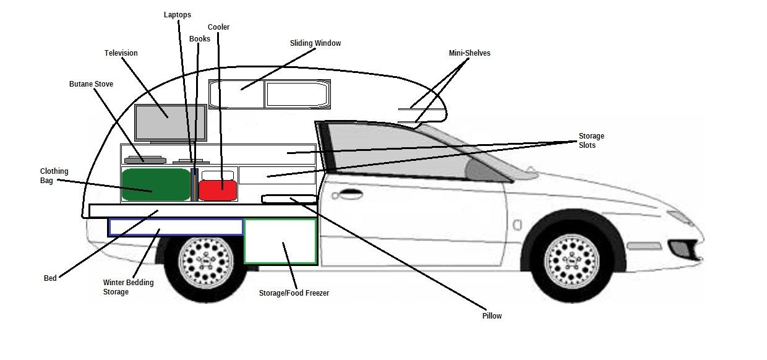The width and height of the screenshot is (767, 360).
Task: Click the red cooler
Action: [218, 190]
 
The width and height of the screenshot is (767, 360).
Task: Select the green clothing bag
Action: [156, 184]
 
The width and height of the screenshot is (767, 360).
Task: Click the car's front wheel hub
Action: [572, 261]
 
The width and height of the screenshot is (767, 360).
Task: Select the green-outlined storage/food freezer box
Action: [280, 241]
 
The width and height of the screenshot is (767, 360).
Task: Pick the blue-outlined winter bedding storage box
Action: [176, 227]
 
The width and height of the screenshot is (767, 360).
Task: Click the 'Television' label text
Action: [121, 53]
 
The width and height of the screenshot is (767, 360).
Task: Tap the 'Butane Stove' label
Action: [91, 84]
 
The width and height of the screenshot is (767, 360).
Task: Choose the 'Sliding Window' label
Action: [315, 43]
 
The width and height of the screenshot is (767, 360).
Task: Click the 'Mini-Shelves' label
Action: [469, 53]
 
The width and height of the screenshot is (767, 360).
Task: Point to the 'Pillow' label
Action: [492, 316]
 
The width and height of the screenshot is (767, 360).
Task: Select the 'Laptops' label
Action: [178, 14]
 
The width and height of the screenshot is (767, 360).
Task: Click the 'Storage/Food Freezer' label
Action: [294, 293]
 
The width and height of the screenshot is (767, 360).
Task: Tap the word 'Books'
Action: [200, 39]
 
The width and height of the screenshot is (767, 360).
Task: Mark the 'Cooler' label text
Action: [218, 27]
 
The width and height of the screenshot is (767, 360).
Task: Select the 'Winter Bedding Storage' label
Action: [128, 287]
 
